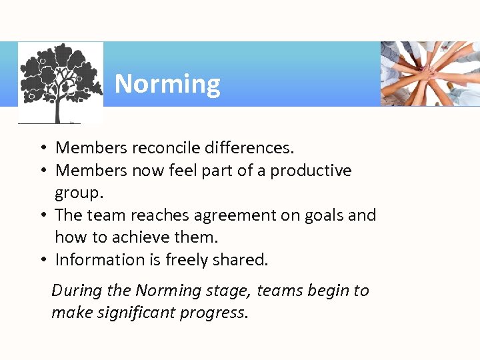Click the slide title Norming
click(167, 85)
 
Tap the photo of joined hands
click(430, 73)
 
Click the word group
click(77, 193)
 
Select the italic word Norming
click(168, 291)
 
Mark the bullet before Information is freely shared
click(41, 260)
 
